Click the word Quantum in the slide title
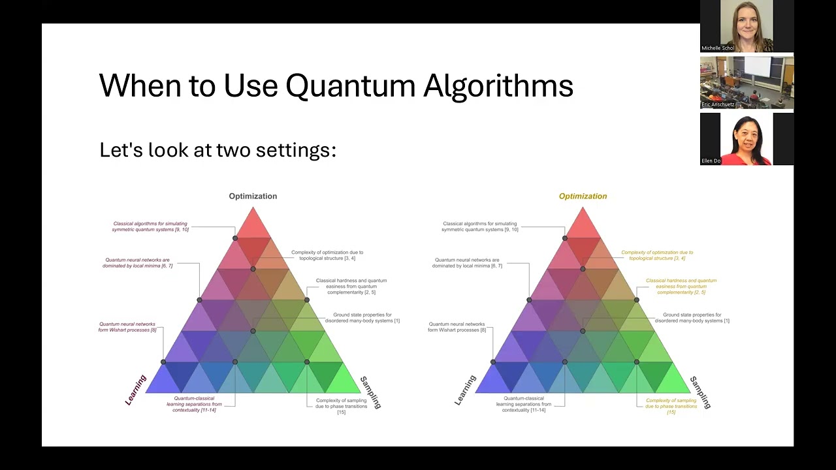350,86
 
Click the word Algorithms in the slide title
498,86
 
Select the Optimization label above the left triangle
253,196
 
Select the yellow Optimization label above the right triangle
583,196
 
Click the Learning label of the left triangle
136,390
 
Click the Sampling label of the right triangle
700,392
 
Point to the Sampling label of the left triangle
370,392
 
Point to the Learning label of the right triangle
466,390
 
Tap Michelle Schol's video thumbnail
747,26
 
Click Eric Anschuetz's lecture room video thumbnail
747,82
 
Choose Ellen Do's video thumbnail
747,138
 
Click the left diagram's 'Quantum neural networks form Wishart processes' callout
127,327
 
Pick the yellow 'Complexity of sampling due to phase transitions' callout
671,406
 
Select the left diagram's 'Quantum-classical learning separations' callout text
194,404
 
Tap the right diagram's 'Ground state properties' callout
692,318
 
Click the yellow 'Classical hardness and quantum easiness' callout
681,287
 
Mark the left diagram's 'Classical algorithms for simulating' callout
150,227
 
